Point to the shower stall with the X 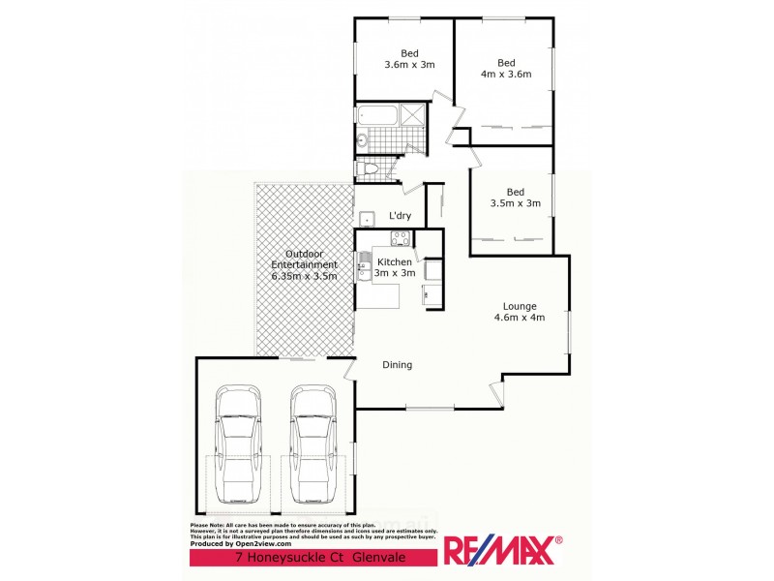413,117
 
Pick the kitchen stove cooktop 399,238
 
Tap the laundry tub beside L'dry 367,217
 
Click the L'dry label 401,216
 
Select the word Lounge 520,306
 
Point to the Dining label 397,365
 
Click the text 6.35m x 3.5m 304,276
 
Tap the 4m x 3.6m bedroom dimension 507,74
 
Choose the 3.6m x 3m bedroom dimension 410,65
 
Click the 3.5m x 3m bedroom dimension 515,203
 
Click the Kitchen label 395,262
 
